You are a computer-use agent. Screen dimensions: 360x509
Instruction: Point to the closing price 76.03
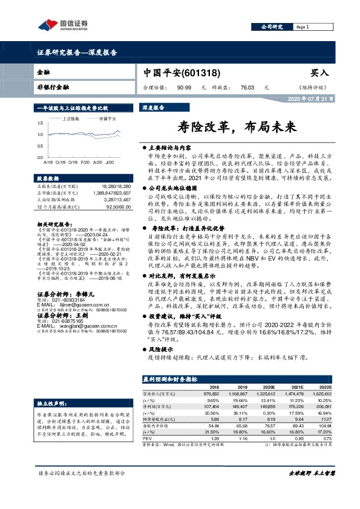[x=247, y=88]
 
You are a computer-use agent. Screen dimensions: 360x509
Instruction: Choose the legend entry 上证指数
[x=71, y=119]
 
